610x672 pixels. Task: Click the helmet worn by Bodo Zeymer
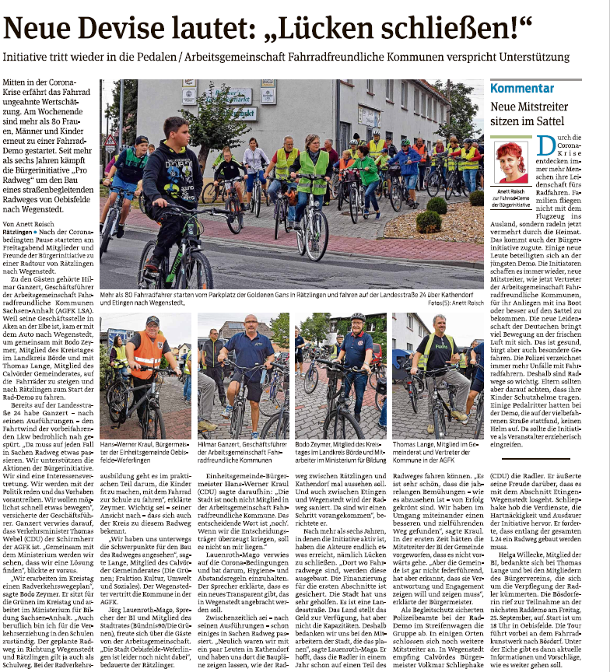tap(358, 317)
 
